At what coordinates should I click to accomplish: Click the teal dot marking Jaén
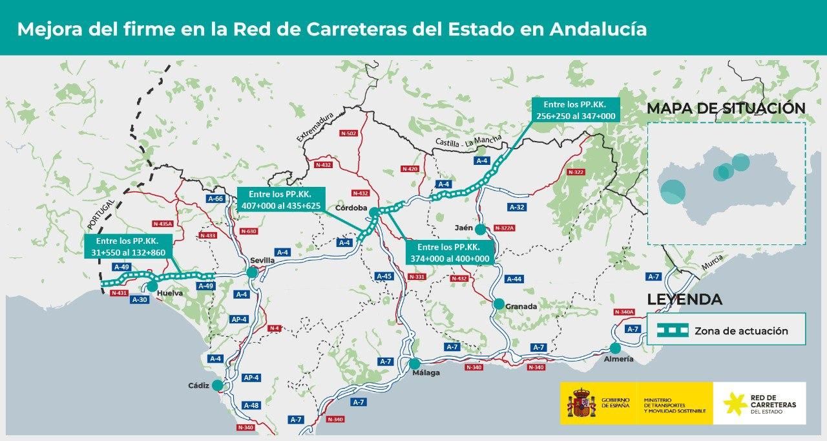(480, 229)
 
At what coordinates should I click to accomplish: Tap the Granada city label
(521, 307)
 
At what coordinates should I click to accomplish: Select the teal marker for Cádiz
(218, 385)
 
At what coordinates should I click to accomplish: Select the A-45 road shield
(384, 276)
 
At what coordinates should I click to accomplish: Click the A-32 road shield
(516, 208)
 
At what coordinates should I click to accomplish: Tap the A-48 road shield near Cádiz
(251, 405)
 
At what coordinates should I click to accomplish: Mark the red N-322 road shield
(575, 172)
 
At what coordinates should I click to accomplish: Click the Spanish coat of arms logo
(581, 403)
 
